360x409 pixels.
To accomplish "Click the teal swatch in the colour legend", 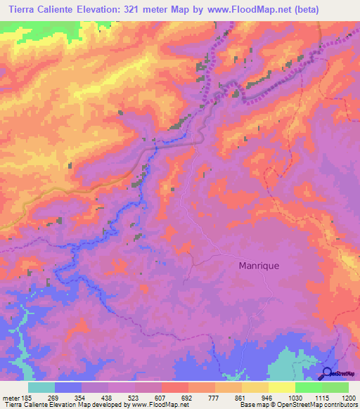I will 41,387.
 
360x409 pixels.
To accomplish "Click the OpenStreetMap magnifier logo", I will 328,373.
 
